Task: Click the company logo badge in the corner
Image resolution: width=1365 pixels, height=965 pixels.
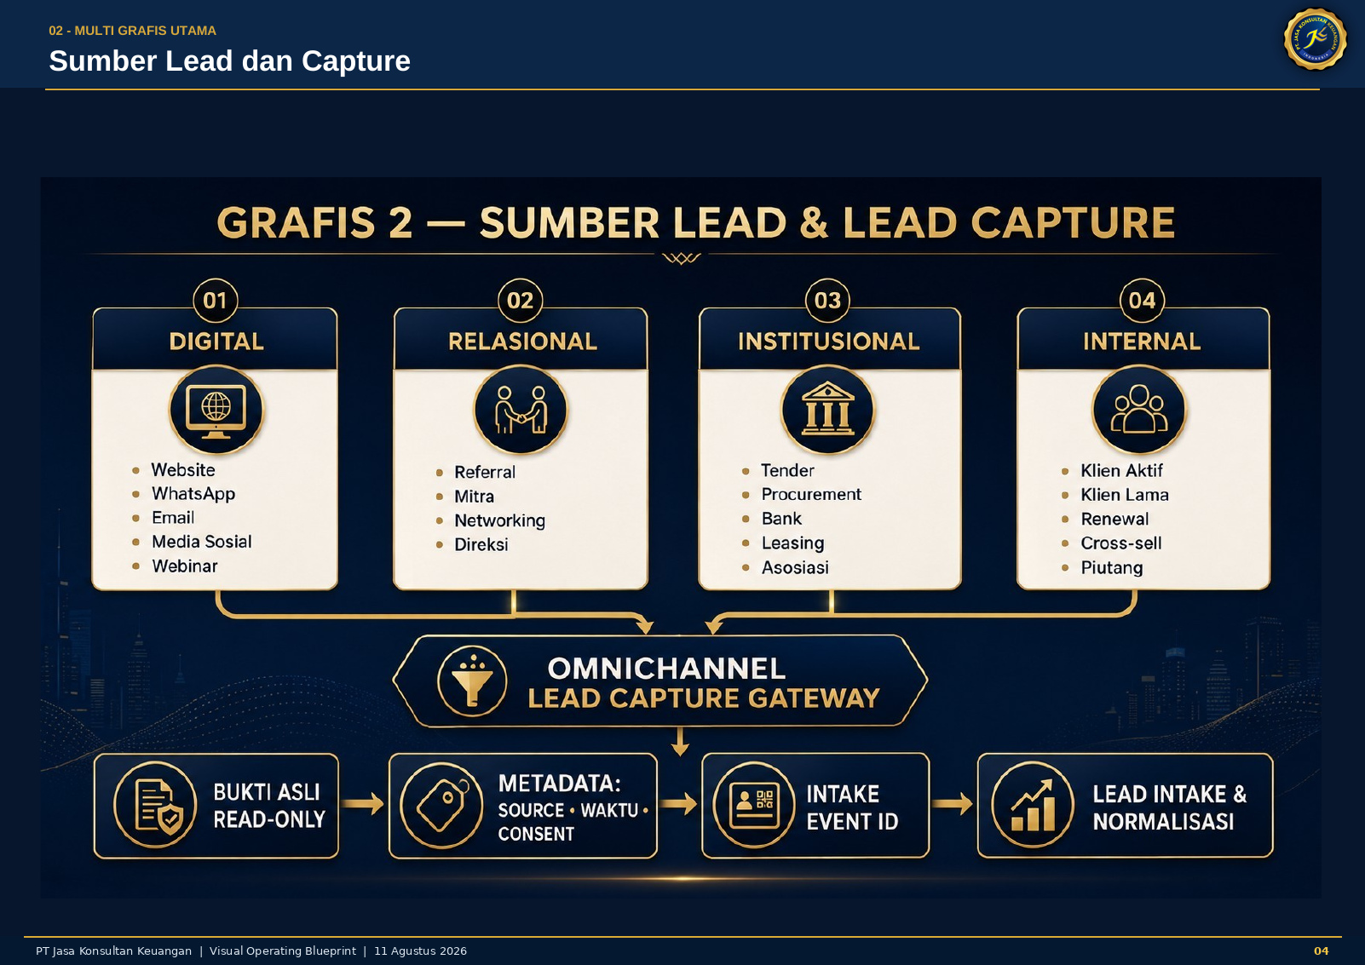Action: click(1315, 39)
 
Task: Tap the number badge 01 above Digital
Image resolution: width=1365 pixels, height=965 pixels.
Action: click(215, 301)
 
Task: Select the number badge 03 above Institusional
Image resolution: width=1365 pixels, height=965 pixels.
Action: click(827, 301)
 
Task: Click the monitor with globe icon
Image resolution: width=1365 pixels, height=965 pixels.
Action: click(216, 410)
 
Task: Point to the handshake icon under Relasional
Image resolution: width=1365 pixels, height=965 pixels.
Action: click(521, 410)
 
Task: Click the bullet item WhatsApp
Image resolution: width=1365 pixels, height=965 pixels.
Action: click(193, 493)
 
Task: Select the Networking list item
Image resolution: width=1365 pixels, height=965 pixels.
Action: click(499, 520)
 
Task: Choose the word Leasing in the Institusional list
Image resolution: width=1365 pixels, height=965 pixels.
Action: click(792, 543)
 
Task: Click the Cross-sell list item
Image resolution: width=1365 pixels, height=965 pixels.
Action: click(1121, 543)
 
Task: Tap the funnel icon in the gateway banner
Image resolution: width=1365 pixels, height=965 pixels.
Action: click(472, 681)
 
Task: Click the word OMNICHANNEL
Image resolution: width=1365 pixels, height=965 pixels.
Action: click(666, 669)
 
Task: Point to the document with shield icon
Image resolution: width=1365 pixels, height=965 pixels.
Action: click(155, 806)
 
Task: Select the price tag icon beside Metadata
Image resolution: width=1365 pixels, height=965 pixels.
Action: click(442, 806)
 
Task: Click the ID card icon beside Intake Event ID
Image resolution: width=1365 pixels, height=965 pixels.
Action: click(754, 806)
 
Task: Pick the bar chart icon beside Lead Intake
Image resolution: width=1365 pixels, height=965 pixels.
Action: click(1033, 806)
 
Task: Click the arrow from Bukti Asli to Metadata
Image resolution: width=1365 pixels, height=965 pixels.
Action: click(363, 803)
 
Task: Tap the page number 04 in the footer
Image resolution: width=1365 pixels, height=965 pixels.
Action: click(1322, 951)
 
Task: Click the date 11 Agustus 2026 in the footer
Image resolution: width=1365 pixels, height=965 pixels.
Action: click(420, 951)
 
